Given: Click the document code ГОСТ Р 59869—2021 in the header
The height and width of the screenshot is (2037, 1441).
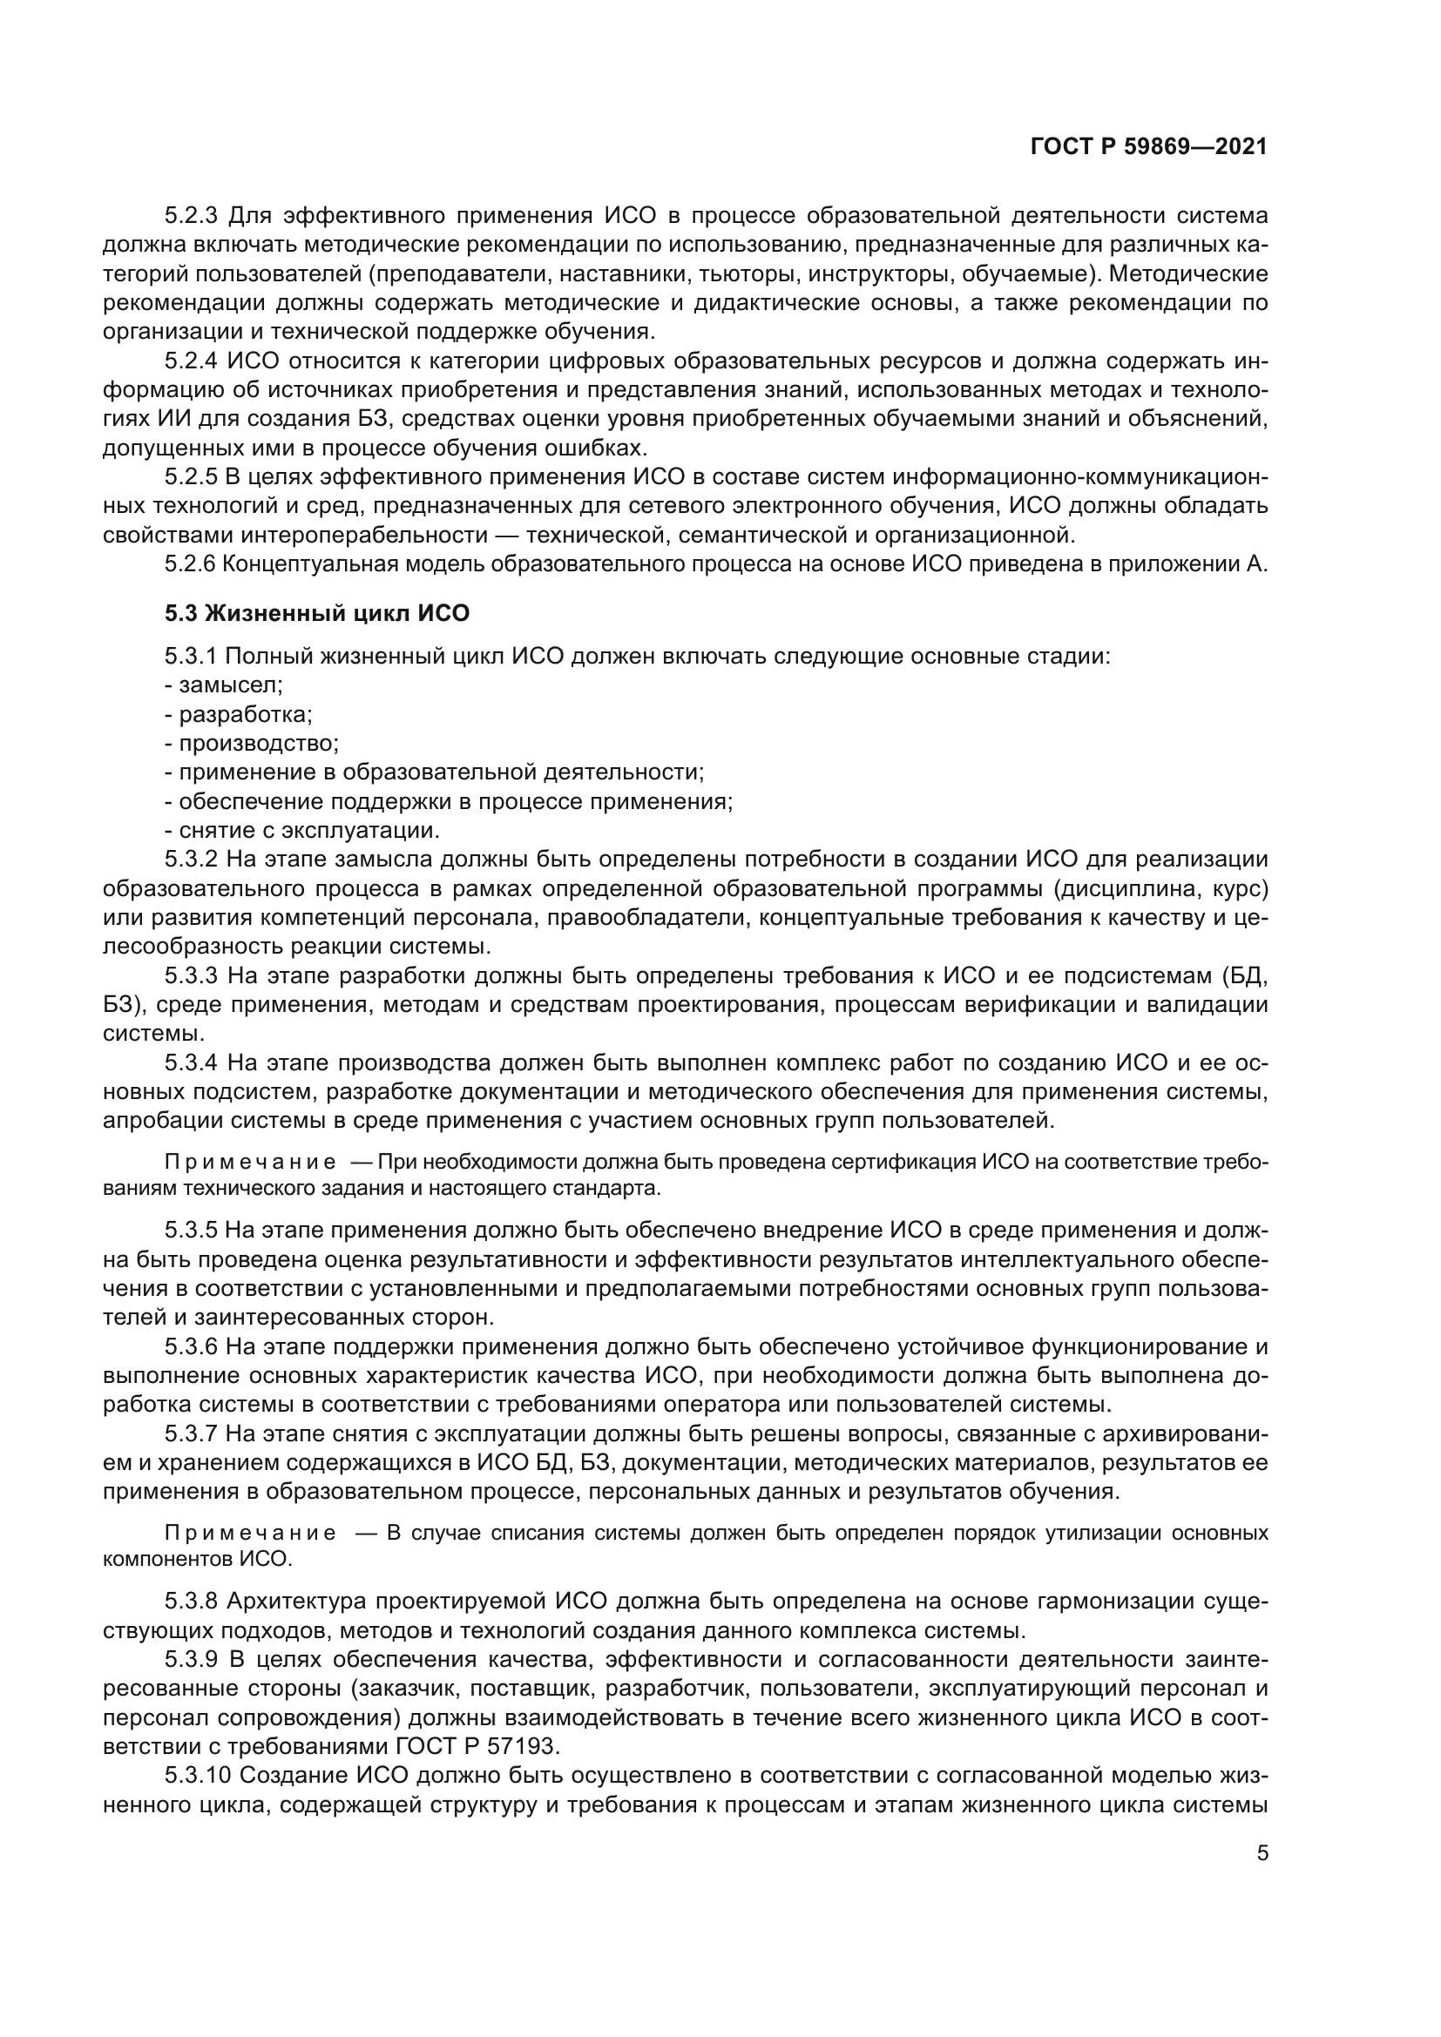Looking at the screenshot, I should tap(1148, 147).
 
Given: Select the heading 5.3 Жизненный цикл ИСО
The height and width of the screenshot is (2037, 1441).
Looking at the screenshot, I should tap(317, 613).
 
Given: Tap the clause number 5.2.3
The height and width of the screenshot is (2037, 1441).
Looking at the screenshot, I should tap(191, 216).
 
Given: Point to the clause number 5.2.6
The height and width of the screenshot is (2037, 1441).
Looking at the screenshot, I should tap(191, 564).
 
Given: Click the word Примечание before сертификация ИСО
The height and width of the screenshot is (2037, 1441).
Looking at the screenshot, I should tap(250, 1164).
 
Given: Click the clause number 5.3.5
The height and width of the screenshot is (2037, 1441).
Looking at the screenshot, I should tap(191, 1231).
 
